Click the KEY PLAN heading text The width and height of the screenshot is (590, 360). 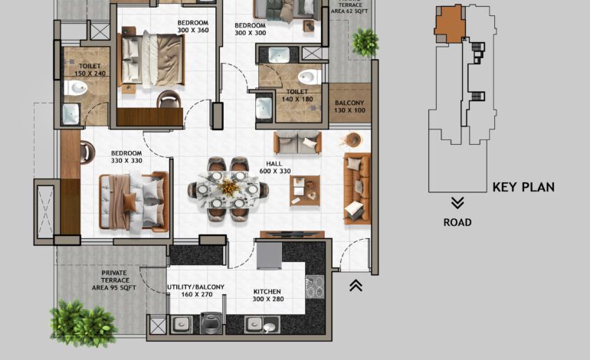(523, 187)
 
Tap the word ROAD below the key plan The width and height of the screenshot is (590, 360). (457, 223)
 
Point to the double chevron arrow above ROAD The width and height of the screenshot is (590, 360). (457, 203)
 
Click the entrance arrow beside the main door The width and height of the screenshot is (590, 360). (356, 286)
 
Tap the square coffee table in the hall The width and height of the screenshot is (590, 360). (304, 190)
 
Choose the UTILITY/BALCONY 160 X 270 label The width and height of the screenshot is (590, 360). (196, 292)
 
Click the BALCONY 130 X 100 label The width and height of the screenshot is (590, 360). (349, 106)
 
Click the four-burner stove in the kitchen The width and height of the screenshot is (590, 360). (315, 287)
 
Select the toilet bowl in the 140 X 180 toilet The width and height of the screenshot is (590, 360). (308, 77)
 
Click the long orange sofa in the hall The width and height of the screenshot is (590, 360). (356, 185)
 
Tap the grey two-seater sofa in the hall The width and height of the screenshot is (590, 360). (297, 143)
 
